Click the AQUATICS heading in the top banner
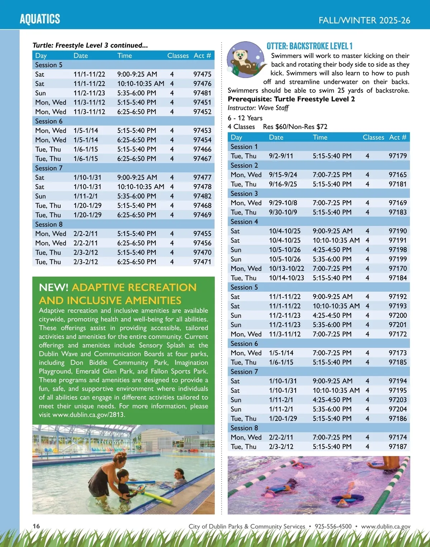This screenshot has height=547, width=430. point(40,19)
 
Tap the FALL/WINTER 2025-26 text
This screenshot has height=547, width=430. point(364,20)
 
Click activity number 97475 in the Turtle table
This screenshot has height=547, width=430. point(202,74)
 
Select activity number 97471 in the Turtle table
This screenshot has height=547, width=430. point(202,262)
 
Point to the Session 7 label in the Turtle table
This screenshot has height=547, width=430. point(49,168)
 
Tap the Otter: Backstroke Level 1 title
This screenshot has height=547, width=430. point(310,46)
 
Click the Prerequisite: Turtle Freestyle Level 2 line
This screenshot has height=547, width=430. point(291,99)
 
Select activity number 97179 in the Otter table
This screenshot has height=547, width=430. point(397,156)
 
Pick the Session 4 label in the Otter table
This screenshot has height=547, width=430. point(244,222)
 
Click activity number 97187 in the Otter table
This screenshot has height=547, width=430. point(397,447)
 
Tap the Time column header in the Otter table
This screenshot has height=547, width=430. point(320,137)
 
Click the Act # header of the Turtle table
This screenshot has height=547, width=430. point(202,56)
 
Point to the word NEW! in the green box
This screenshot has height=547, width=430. point(54,287)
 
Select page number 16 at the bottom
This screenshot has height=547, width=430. point(36,526)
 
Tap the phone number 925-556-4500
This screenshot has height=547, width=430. point(333,526)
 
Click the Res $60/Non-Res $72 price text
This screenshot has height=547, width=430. point(295,127)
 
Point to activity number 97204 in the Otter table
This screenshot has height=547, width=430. point(397,409)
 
